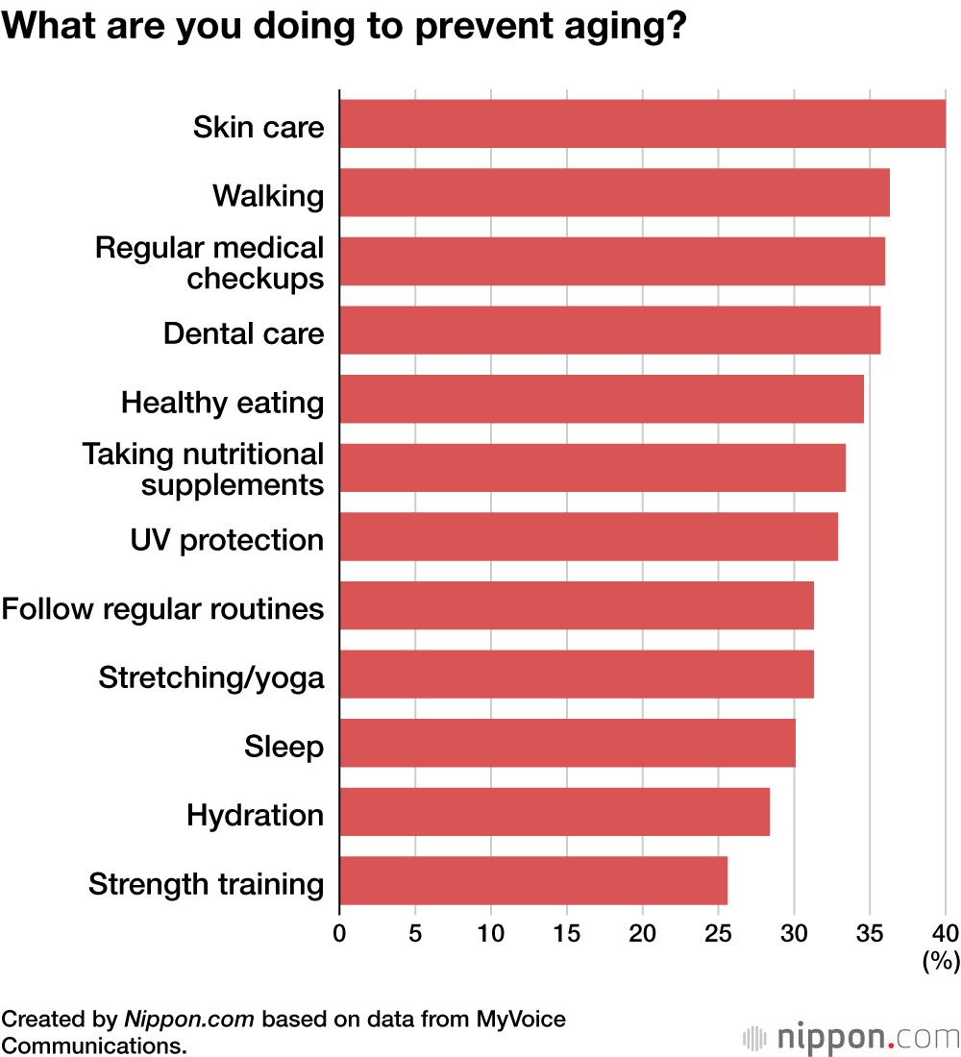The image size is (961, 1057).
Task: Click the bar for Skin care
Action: (642, 124)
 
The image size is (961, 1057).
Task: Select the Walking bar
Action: (614, 192)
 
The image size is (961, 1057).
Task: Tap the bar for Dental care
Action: (609, 331)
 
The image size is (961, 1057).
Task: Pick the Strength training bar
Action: (533, 880)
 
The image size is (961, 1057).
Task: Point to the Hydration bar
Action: (554, 812)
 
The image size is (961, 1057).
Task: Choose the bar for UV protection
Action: (588, 537)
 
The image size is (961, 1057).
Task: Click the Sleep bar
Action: (567, 743)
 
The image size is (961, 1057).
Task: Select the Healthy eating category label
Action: (222, 402)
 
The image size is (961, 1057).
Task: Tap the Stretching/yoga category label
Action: (211, 677)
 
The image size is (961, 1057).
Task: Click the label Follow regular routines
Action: (162, 609)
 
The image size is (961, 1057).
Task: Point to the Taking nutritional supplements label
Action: (204, 469)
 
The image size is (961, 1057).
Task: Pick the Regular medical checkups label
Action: (209, 262)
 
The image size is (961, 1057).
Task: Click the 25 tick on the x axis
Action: (718, 932)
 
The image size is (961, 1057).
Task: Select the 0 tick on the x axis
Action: (339, 932)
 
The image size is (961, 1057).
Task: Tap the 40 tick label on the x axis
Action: (946, 932)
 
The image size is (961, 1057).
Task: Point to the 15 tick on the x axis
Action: (566, 932)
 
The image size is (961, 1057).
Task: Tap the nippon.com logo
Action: (850, 1038)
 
